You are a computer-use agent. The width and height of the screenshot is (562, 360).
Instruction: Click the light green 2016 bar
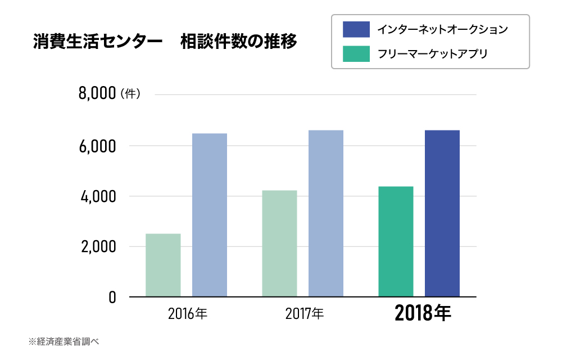163,265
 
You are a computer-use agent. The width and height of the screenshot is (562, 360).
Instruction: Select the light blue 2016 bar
210,215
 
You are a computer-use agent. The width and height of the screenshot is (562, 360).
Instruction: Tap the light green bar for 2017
279,243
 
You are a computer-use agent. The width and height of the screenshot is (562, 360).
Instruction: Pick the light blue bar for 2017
326,213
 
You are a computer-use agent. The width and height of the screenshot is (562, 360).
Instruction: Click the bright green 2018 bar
396,241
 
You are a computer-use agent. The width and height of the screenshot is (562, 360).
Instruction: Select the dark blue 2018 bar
442,213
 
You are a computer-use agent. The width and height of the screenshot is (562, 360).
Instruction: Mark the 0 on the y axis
112,297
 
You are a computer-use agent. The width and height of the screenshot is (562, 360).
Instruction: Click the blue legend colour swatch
356,29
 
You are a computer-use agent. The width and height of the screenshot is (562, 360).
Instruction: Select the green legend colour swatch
356,54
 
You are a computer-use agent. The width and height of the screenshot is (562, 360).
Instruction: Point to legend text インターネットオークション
442,29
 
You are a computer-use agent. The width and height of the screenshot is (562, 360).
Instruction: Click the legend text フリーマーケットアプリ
432,54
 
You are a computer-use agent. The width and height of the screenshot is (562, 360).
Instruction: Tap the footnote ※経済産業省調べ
64,341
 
